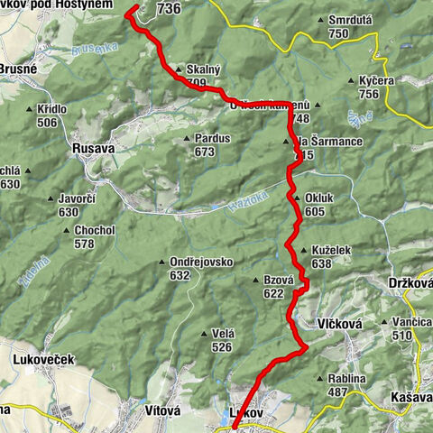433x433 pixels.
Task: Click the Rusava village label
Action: coord(92,153)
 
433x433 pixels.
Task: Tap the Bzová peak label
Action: coord(280,280)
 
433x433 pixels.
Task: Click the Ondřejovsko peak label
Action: coord(201,263)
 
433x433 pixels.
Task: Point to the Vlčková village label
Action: coord(340,322)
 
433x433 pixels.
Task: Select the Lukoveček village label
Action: coord(43,359)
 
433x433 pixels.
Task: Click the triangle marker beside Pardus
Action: coord(188,139)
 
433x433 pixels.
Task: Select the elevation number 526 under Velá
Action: coord(222,346)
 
